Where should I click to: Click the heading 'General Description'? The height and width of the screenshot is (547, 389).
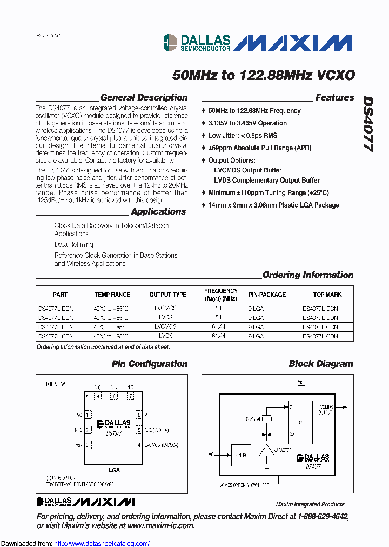tap(144, 98)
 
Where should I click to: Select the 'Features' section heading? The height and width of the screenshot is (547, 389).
tap(334, 98)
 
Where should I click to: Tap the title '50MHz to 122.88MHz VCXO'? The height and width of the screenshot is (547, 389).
tap(264, 75)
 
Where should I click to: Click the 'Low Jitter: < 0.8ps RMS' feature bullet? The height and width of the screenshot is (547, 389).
tap(243, 136)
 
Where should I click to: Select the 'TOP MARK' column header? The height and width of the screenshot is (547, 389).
tap(327, 295)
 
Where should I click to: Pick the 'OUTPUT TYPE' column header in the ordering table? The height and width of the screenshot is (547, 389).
tap(167, 295)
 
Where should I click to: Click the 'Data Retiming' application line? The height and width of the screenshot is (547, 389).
tap(73, 244)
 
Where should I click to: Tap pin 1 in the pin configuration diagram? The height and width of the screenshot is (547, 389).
tap(88, 415)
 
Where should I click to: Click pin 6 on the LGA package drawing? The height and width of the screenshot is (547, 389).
tap(139, 415)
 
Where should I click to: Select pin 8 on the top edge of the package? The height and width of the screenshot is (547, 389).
tap(113, 396)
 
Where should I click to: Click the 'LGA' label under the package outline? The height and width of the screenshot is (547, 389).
tap(113, 470)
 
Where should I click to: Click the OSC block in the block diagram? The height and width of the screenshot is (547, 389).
tap(301, 423)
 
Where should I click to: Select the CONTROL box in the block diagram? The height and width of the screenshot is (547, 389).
tap(241, 455)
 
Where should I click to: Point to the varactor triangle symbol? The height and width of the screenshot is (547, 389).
tap(266, 450)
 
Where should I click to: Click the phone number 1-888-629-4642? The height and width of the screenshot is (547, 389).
tap(323, 517)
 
